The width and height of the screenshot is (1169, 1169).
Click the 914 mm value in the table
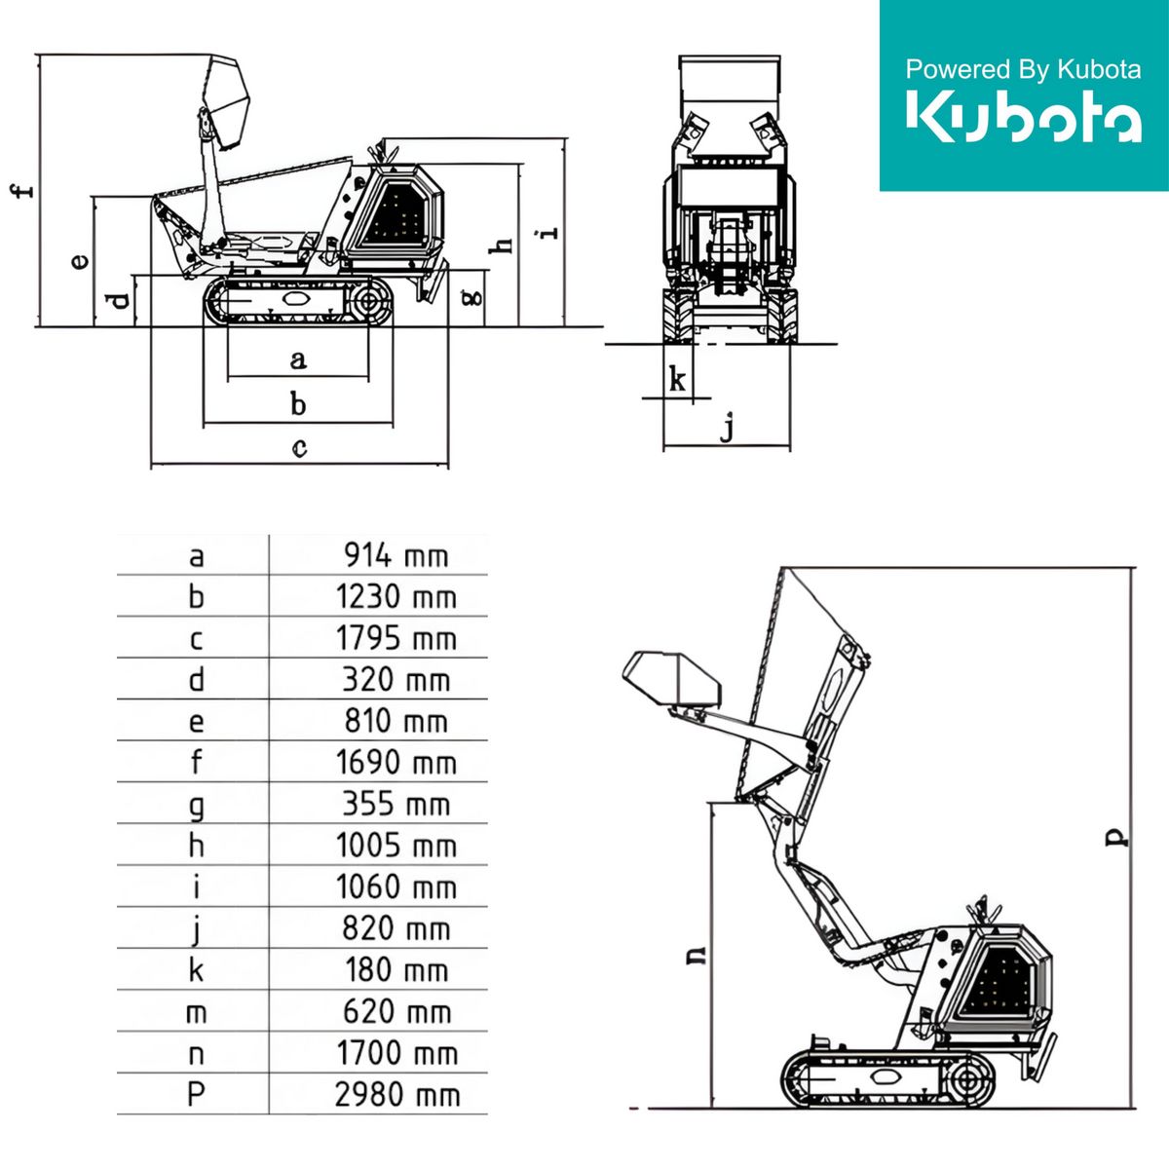(396, 555)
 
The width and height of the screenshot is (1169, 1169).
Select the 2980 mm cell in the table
(397, 1095)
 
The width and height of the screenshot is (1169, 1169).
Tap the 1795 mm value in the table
(396, 638)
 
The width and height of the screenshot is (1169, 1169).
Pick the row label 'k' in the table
(196, 970)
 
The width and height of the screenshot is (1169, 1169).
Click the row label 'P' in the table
(196, 1095)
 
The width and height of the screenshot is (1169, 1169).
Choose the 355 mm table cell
(396, 804)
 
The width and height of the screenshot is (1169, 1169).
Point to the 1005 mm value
(396, 845)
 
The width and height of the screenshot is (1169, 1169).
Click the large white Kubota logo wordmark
(1024, 117)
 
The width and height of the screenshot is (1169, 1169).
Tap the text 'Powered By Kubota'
(1023, 70)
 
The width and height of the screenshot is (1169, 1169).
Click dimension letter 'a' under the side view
(298, 359)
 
